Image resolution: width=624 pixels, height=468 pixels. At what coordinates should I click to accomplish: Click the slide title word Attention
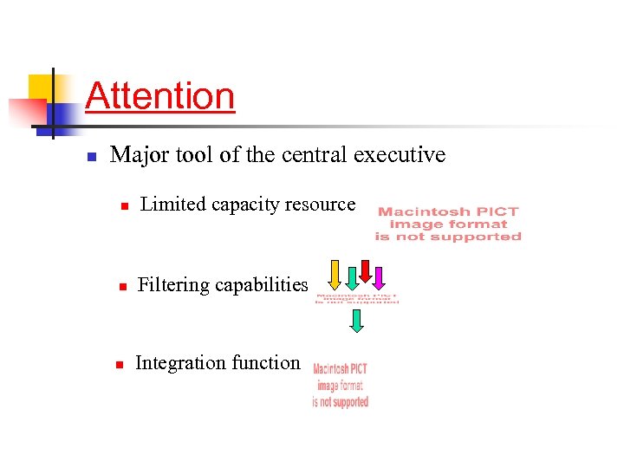click(x=160, y=95)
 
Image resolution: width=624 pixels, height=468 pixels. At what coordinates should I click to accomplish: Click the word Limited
click(x=172, y=205)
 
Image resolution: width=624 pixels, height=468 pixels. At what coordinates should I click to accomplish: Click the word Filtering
click(x=172, y=285)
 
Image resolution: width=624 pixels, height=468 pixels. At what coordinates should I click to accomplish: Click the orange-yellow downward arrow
click(x=335, y=275)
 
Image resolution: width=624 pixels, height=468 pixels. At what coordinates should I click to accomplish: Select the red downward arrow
click(x=365, y=270)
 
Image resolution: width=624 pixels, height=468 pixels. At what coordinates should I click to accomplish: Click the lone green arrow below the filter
click(x=356, y=322)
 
